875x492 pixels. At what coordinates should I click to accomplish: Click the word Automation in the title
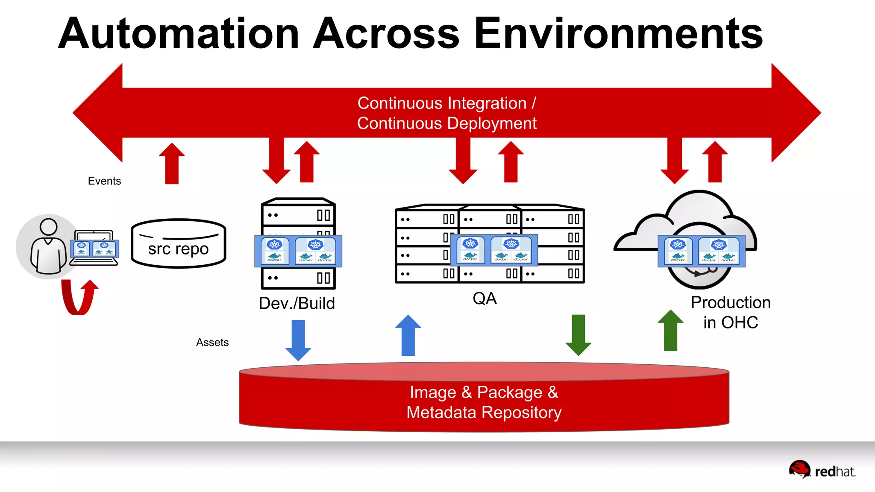pos(179,34)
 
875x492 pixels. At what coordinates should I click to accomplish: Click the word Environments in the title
pos(618,34)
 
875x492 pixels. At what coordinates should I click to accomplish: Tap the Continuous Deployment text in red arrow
pos(446,124)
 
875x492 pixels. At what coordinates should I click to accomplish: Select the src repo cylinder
pos(178,244)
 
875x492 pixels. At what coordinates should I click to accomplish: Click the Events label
pos(104,181)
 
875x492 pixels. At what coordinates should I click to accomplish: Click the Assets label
pos(212,343)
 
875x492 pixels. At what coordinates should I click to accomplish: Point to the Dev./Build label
pos(297,303)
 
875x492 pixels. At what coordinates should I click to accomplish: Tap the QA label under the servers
pos(484,299)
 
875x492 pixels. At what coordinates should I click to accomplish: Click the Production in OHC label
pos(731,313)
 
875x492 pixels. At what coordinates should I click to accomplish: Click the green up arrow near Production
pos(670,331)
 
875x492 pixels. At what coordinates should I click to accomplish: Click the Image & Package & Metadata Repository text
pos(484,402)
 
